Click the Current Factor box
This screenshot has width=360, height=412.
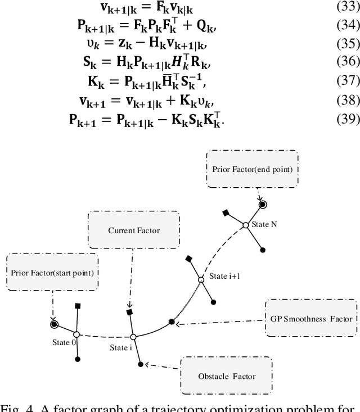tap(133, 230)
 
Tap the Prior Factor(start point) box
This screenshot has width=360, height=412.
tap(51, 273)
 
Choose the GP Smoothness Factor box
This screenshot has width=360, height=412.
tap(310, 319)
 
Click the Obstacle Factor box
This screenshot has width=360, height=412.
tap(227, 375)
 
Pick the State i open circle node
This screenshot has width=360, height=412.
tap(133, 337)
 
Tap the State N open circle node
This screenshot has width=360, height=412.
tap(245, 225)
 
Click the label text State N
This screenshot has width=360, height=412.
tap(265, 224)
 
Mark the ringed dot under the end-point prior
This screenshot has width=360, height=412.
tap(262, 204)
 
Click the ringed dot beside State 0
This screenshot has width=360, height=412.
tap(53, 324)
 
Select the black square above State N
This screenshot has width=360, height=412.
tap(226, 212)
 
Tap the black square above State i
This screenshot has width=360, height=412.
tap(129, 312)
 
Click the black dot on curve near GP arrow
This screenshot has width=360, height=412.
tap(172, 322)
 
